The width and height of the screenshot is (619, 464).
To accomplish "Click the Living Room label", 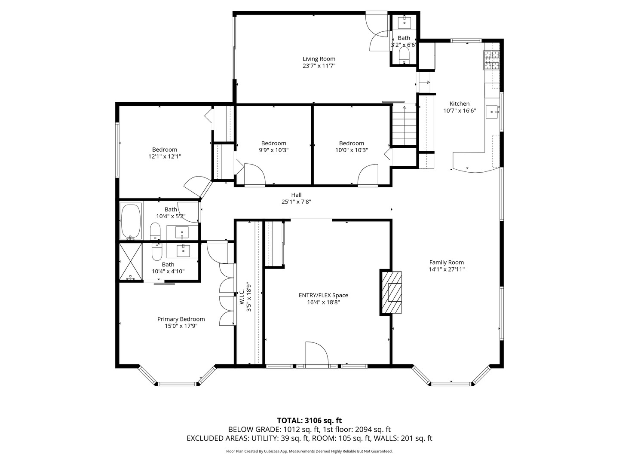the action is click(319, 59).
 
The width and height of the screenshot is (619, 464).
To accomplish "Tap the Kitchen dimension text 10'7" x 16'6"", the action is click(460, 111).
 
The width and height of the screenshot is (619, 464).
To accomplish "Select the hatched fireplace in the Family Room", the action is click(392, 293).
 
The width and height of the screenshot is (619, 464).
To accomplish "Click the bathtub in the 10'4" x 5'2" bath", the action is click(131, 222).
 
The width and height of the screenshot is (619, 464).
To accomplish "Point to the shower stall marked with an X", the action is click(131, 262).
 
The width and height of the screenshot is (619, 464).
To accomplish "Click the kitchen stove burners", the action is click(491, 60).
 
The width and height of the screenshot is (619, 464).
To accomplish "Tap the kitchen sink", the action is click(492, 112).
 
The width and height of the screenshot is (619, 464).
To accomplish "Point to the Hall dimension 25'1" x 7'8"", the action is click(296, 202).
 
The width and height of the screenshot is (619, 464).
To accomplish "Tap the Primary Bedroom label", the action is click(181, 319).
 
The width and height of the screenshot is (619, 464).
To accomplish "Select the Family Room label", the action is click(447, 262).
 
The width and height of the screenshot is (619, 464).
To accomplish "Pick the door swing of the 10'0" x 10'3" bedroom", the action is click(368, 175).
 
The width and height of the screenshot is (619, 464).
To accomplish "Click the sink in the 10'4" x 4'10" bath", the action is click(183, 251).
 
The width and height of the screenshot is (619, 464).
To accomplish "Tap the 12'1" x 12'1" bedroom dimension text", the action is click(165, 156).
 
